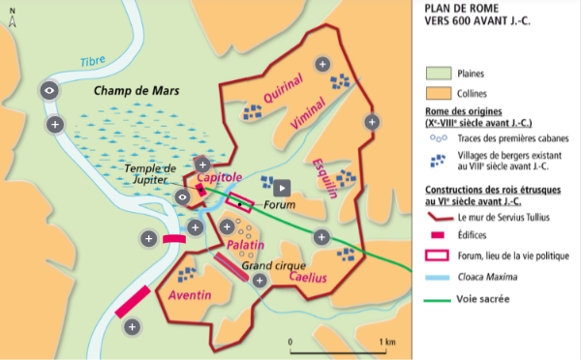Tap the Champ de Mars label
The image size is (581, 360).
pyautogui.click(x=133, y=91)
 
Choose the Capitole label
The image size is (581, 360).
pyautogui.click(x=219, y=178)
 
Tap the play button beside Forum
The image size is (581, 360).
pyautogui.click(x=281, y=188)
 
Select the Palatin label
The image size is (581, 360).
pyautogui.click(x=246, y=247)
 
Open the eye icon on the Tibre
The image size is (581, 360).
pyautogui.click(x=49, y=90)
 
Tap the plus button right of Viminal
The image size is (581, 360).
pyautogui.click(x=371, y=122)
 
